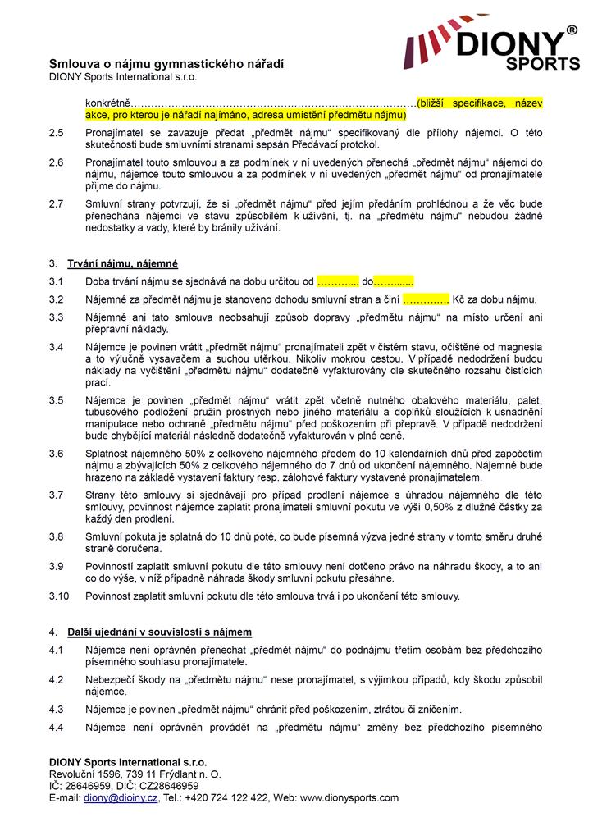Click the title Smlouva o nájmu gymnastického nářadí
point(166,63)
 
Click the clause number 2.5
point(56,131)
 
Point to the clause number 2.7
point(56,203)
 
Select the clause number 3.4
point(56,347)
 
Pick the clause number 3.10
point(58,596)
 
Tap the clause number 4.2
point(56,679)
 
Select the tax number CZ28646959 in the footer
point(161,785)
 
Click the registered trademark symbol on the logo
point(572,30)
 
